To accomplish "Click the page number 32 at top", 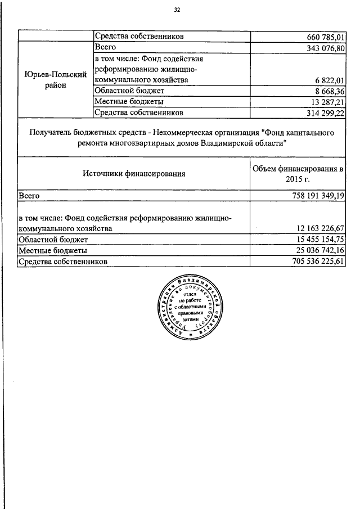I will click(177, 10).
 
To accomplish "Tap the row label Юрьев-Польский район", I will click(56, 80).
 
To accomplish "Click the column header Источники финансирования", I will click(134, 174).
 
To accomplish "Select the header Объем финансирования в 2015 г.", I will click(298, 174).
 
